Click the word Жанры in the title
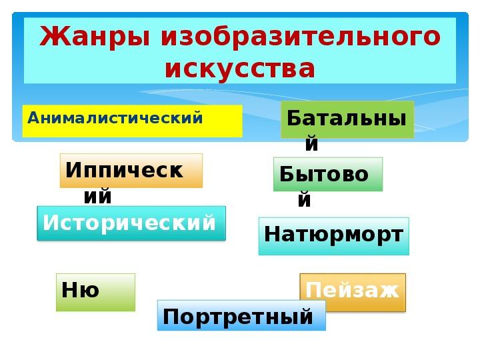pos(95,37)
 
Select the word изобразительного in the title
pos(301,37)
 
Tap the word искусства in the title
pos(240,69)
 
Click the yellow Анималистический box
pos(132,121)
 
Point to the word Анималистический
pos(115,117)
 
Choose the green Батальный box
pos(347,119)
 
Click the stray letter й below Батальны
pos(311,143)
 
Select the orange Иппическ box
pos(131,171)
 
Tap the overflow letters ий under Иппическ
pos(97,196)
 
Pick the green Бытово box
pos(328,174)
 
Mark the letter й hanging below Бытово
pos(304,199)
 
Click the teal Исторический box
pos(131,223)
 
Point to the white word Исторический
pos(129,223)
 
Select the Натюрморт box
pos(334,236)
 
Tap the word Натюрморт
pos(333,235)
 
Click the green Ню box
pos(95,293)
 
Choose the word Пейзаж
pos(353,289)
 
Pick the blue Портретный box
pos(241,315)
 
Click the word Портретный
pos(237,317)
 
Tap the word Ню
pos(80,289)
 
